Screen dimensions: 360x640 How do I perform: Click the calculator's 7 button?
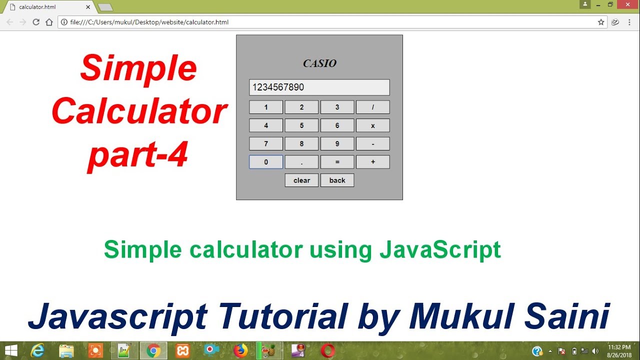[x=266, y=144]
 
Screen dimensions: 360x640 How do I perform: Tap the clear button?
[x=301, y=180]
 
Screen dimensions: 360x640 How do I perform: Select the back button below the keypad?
[x=337, y=180]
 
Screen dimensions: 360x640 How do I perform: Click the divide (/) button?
[x=372, y=107]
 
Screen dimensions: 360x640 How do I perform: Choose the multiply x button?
[x=372, y=125]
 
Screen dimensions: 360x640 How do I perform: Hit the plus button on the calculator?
[x=372, y=162]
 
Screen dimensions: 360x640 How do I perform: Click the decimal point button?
[x=301, y=162]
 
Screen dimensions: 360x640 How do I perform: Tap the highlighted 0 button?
[x=266, y=162]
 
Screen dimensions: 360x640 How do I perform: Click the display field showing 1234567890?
[x=319, y=87]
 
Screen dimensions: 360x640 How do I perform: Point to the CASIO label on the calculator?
[x=319, y=63]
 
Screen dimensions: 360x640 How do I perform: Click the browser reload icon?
[x=36, y=22]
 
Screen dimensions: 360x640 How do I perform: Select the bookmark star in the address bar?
[x=601, y=22]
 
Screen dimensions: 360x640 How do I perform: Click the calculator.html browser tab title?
[x=37, y=7]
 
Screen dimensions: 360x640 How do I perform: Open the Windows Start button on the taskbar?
[x=10, y=350]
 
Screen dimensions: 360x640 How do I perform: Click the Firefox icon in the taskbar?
[x=240, y=350]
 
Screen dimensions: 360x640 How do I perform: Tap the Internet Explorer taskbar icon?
[x=37, y=350]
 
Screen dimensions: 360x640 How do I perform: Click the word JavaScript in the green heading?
[x=440, y=249]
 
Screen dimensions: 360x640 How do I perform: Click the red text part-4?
[x=138, y=154]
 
